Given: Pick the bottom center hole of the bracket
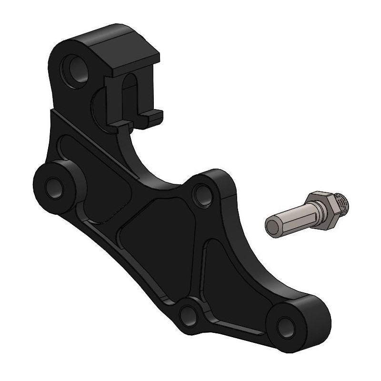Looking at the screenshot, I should coord(189,313).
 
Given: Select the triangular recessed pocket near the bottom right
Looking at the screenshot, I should coord(224,276).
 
